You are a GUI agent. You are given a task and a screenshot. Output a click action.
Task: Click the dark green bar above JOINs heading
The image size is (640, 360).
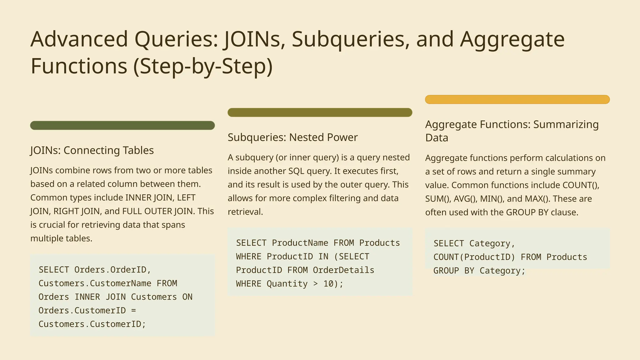122,125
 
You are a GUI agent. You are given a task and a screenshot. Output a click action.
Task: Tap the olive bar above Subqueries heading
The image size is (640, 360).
320,112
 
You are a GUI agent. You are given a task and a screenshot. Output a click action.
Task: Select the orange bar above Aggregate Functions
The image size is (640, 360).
517,99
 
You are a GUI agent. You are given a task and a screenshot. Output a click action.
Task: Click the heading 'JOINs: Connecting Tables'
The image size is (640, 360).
92,150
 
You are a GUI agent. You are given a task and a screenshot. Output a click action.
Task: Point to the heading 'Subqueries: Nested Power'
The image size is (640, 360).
292,137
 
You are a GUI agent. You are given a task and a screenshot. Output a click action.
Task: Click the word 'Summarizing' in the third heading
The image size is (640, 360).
566,124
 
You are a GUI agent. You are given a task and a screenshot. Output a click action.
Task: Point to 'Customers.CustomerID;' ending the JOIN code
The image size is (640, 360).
92,324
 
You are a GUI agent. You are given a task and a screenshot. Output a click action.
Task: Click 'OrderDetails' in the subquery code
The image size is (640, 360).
343,270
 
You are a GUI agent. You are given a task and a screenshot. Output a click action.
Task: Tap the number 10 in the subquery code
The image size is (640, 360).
329,284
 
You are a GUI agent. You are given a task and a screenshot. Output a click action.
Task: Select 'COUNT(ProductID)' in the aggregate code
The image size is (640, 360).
474,257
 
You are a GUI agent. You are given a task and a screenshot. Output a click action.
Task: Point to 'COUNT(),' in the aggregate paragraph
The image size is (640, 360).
581,185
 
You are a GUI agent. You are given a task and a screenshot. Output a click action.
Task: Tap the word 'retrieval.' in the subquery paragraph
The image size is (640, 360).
245,212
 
